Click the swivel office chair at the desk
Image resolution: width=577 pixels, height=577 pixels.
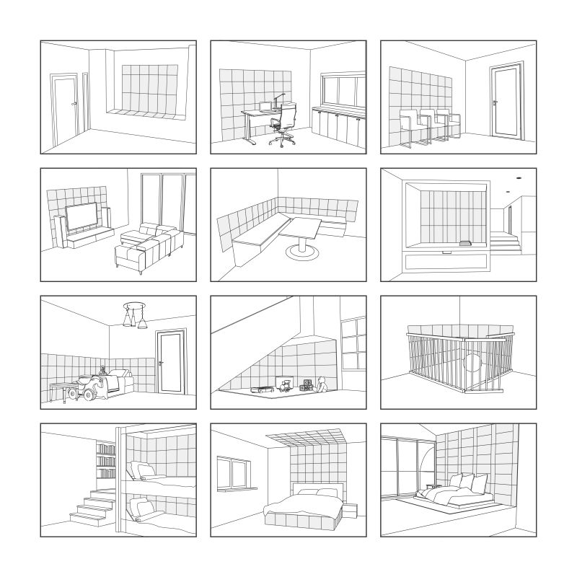click(285, 123)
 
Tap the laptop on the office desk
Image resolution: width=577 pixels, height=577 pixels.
click(265, 107)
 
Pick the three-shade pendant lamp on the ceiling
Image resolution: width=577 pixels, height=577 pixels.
click(135, 314)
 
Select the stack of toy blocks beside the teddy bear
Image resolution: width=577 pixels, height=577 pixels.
click(307, 386)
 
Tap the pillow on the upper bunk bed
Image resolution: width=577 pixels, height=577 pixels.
click(146, 470)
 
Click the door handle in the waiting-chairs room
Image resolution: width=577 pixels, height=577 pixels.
click(494, 103)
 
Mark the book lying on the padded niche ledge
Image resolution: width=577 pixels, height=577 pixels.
click(466, 242)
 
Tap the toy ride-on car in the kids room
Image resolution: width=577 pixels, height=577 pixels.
click(91, 388)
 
